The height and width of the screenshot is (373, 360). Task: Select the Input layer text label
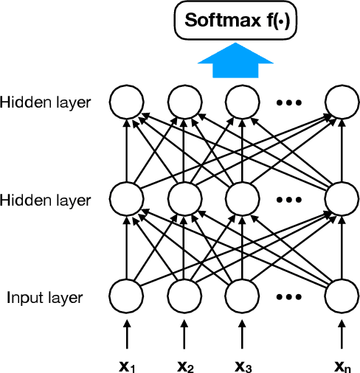coord(45,298)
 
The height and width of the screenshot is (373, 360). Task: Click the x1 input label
coord(127,365)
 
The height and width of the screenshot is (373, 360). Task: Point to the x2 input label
coord(185,365)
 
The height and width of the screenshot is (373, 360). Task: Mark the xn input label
coord(342,365)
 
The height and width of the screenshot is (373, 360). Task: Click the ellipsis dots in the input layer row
coord(291,298)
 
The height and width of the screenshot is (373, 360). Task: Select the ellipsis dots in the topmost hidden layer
coord(291,102)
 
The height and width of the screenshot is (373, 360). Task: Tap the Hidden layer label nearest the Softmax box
coord(46,102)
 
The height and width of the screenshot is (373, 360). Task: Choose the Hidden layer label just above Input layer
coord(46,200)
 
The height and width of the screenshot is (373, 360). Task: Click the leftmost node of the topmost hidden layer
coord(125,101)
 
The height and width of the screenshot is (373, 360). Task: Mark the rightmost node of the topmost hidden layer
coord(342,101)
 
